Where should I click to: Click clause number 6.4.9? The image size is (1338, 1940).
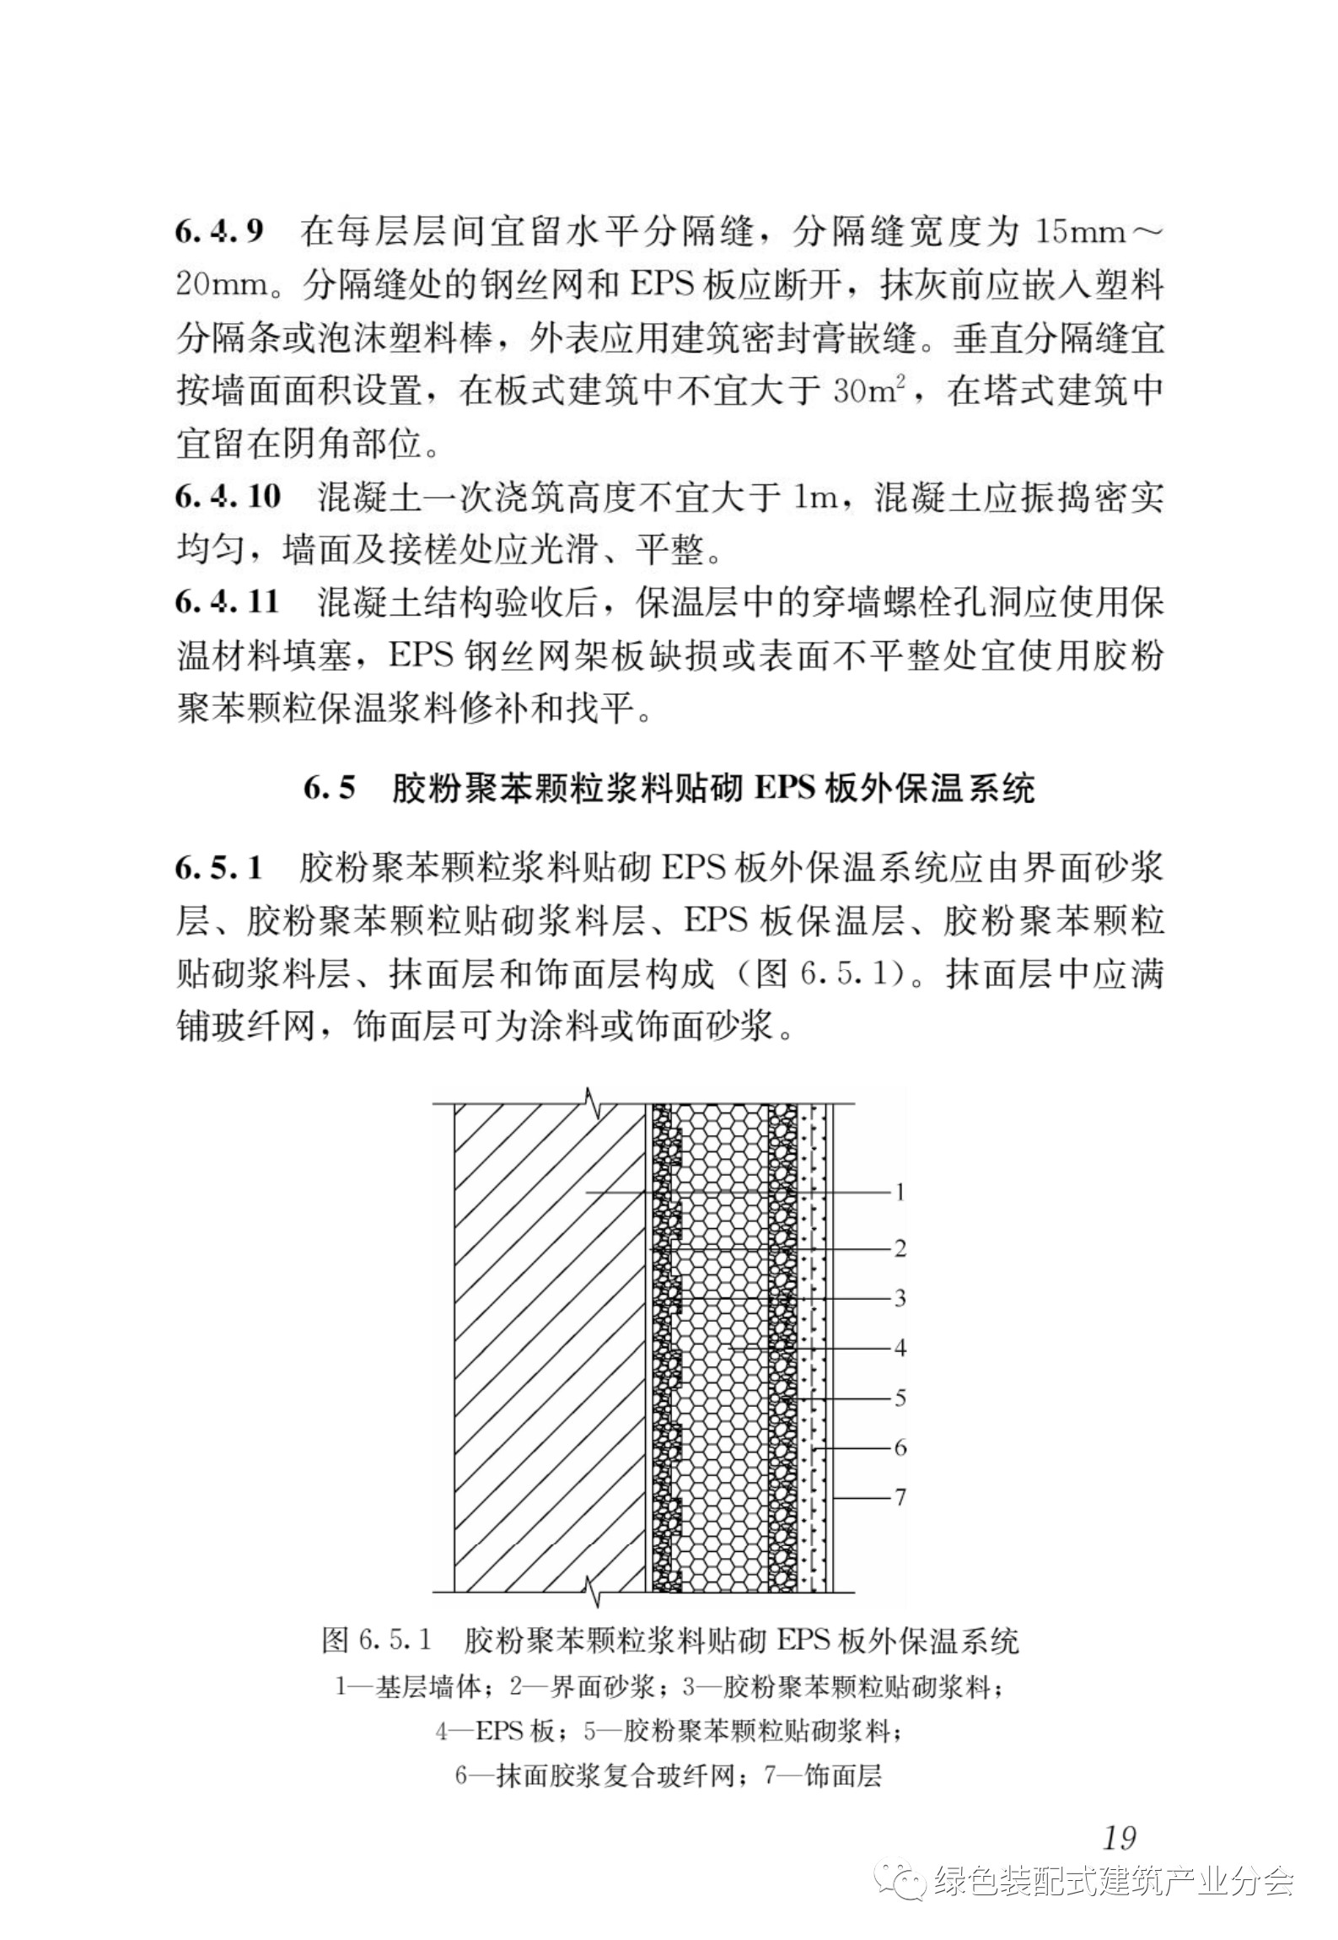[219, 231]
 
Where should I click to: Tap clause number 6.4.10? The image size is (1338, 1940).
[228, 497]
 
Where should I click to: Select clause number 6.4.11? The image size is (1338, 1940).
[228, 603]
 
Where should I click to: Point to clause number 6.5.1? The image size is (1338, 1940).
[219, 868]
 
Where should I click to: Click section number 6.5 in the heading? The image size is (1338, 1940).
[330, 789]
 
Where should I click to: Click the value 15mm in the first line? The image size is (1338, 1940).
[1080, 231]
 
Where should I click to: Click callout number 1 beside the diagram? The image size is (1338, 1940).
[900, 1193]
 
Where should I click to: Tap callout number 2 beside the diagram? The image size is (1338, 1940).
[900, 1248]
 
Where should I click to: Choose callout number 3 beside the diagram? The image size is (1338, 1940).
[900, 1297]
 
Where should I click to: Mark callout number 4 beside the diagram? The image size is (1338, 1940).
[900, 1348]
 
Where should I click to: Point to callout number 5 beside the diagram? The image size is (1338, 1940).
[900, 1398]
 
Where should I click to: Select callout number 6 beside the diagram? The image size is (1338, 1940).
[900, 1447]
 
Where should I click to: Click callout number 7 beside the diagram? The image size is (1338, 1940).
[900, 1497]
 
